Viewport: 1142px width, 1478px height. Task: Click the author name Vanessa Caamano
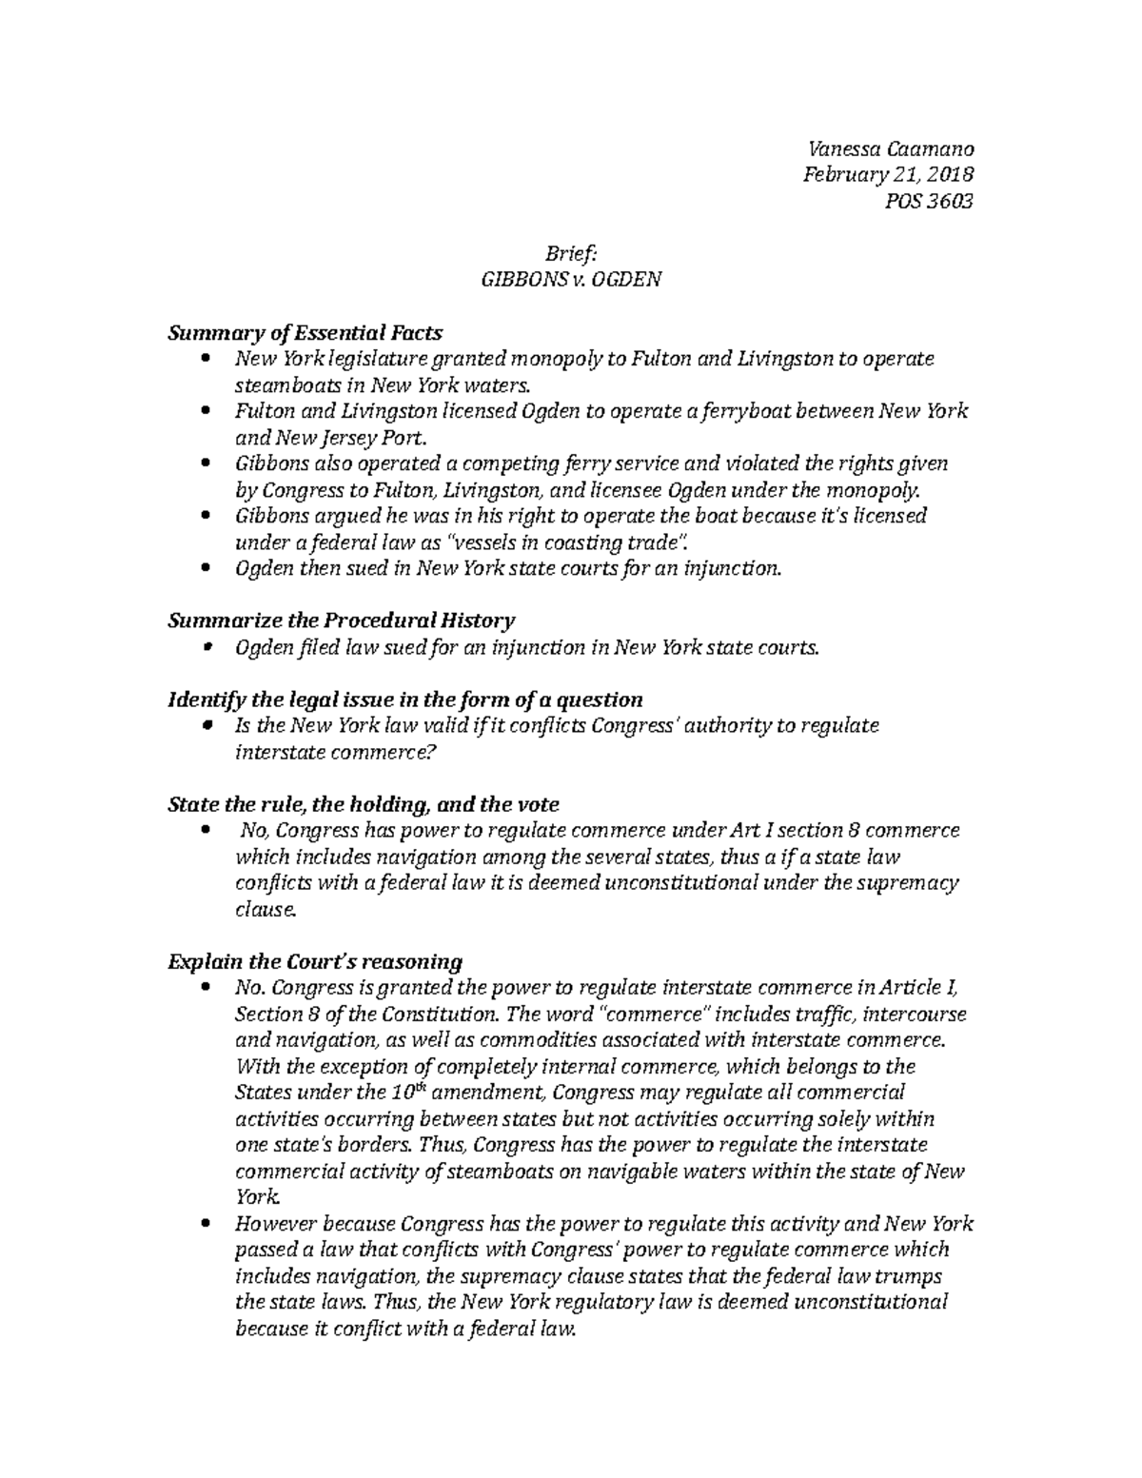click(890, 148)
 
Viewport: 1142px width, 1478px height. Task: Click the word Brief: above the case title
click(570, 253)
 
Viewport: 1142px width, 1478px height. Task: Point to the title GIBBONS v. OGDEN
click(570, 280)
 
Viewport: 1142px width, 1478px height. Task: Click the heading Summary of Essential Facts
click(305, 332)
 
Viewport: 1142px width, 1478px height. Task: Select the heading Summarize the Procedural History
click(341, 621)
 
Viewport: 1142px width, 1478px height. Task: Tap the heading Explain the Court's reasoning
click(314, 961)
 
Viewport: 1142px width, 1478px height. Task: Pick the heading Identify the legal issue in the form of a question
click(404, 700)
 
